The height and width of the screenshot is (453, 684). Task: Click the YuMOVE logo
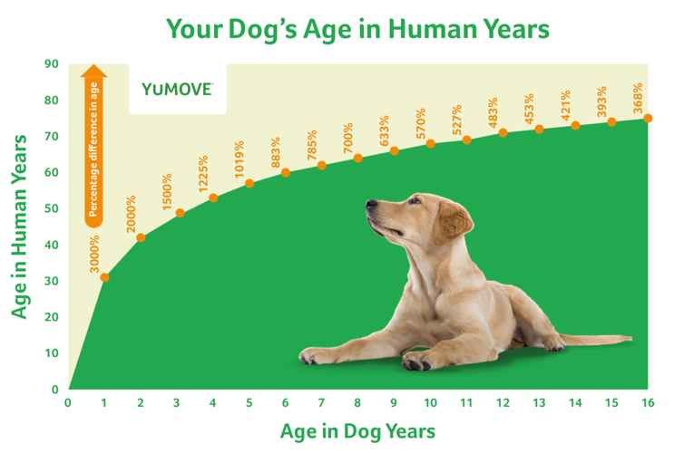(x=177, y=89)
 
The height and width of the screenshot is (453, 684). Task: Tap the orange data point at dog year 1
(x=104, y=277)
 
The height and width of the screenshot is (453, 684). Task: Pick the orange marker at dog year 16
(x=648, y=118)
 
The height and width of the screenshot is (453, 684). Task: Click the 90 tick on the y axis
(x=52, y=64)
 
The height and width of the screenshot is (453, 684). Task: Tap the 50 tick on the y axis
(x=52, y=208)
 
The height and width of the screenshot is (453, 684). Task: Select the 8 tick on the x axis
(x=357, y=401)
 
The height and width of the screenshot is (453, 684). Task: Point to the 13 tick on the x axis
(x=539, y=401)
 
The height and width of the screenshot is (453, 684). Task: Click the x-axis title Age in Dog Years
(x=357, y=430)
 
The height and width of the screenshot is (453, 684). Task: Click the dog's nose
(x=370, y=206)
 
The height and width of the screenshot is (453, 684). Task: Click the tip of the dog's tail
(x=627, y=340)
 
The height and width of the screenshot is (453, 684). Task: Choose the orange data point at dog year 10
(x=430, y=143)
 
